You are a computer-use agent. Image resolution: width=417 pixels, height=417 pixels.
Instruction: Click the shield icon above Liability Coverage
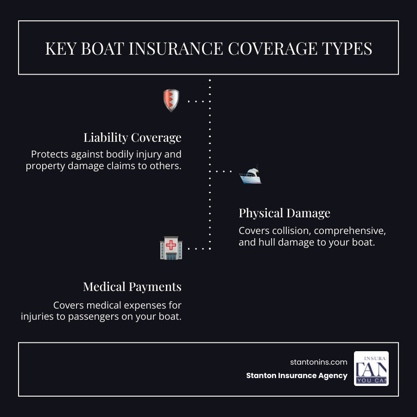171,101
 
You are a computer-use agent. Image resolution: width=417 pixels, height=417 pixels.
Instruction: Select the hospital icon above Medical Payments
171,248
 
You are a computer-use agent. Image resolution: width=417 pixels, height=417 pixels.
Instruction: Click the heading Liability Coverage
132,138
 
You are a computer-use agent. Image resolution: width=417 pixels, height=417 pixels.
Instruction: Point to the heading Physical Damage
284,213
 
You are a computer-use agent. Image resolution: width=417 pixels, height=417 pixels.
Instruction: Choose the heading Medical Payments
132,287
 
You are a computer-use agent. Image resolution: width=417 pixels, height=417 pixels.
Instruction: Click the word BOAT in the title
103,49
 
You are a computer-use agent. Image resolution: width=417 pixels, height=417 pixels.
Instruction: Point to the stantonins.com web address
318,362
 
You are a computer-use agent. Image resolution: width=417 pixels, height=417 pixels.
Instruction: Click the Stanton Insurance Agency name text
297,376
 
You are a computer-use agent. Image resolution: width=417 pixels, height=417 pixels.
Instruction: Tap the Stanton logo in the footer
371,368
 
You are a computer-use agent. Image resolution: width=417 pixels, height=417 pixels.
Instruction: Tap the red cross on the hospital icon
171,245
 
